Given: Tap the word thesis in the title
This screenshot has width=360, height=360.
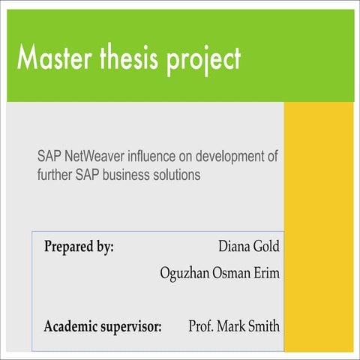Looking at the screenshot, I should click(x=134, y=58).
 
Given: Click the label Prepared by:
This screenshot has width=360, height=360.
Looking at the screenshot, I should click(x=79, y=246).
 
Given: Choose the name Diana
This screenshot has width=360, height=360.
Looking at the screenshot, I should click(x=235, y=246).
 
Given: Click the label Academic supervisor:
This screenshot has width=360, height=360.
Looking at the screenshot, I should click(x=103, y=327).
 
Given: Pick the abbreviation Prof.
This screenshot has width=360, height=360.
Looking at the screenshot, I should click(x=201, y=326).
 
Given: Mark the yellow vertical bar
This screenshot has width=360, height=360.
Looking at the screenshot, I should click(x=318, y=225).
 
